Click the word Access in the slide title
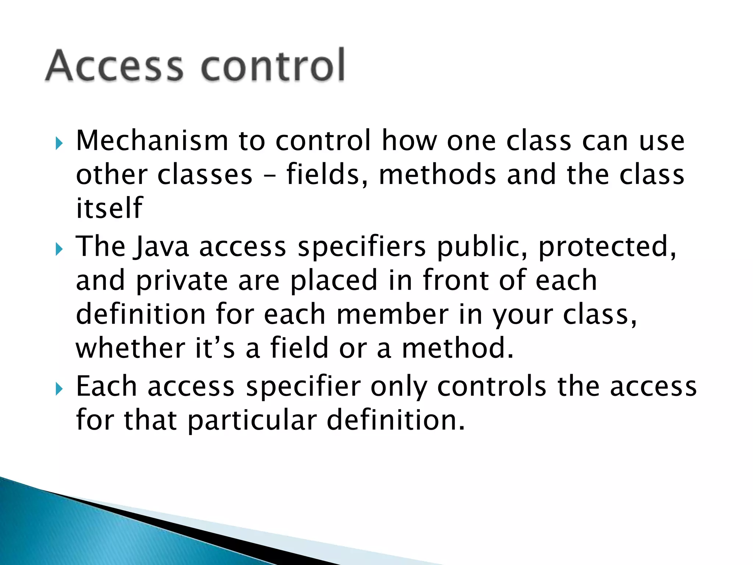point(114,65)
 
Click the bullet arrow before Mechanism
point(59,143)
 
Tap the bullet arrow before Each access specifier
point(59,389)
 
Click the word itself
point(109,208)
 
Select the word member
point(392,315)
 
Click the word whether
point(130,348)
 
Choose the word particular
point(252,420)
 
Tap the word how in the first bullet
point(409,141)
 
